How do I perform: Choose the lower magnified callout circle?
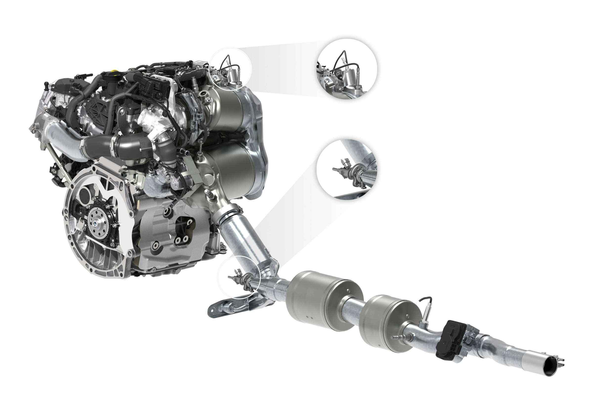click(347, 169)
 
